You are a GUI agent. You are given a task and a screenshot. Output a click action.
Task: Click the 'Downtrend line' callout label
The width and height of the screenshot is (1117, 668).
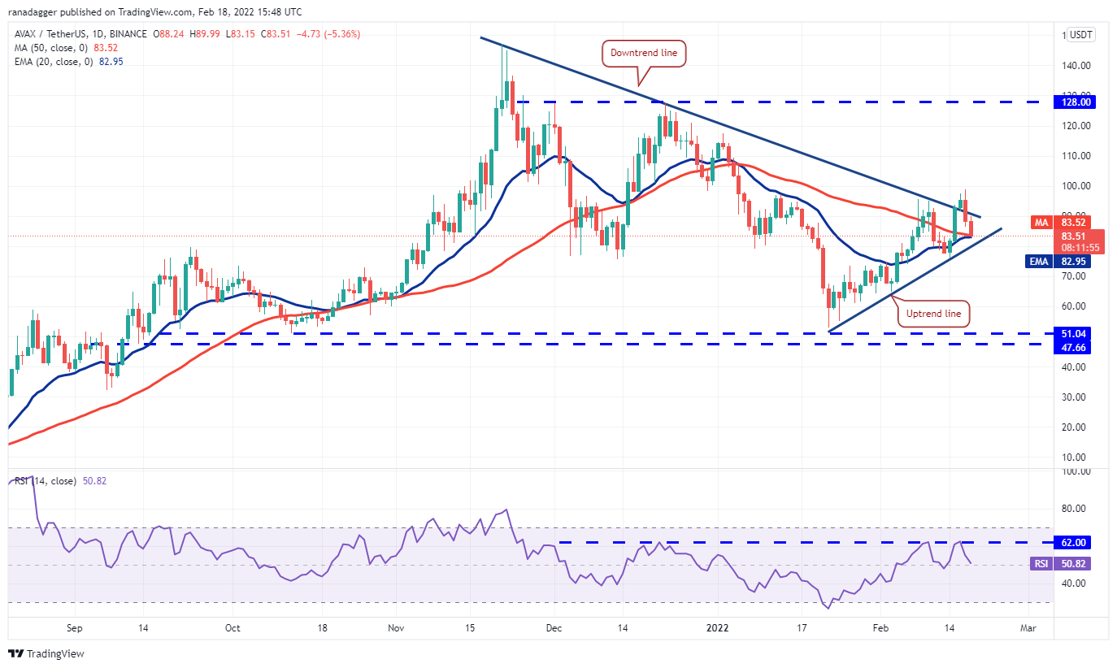click(x=644, y=54)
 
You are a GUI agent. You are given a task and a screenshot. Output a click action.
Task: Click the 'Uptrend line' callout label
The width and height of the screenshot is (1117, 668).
click(x=933, y=313)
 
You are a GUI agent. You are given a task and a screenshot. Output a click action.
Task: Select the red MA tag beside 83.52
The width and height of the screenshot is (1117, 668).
click(x=1041, y=222)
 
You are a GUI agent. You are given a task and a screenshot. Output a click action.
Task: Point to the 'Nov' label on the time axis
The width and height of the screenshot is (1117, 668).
click(x=397, y=628)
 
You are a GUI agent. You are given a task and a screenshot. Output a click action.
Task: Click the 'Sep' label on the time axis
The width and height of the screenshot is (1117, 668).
click(x=74, y=628)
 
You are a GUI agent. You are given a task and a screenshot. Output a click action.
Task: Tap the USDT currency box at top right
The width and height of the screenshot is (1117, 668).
click(x=1081, y=35)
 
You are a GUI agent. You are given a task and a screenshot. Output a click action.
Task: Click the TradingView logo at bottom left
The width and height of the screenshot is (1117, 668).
click(x=46, y=653)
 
